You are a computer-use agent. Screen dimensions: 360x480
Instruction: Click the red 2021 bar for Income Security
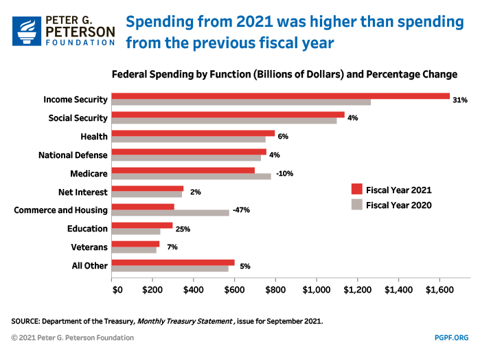click(280, 96)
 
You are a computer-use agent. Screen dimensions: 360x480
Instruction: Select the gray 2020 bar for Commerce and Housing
click(170, 212)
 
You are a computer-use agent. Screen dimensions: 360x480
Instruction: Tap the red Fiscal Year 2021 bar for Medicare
click(183, 170)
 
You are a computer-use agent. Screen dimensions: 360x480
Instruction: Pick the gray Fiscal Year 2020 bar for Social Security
click(224, 120)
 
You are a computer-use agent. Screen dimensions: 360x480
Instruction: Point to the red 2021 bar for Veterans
click(135, 244)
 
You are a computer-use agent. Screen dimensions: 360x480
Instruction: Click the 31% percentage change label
click(460, 100)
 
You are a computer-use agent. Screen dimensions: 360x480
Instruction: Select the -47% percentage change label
click(242, 210)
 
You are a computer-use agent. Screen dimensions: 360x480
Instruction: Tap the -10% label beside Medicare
click(284, 173)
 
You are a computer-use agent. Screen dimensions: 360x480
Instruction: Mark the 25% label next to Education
click(183, 229)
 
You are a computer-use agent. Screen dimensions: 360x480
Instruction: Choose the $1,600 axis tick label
click(439, 291)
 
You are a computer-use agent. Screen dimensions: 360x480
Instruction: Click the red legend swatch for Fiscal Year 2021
click(356, 190)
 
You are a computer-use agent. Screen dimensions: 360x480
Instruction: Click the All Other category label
click(89, 266)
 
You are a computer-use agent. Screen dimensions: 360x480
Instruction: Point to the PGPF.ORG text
click(451, 337)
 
